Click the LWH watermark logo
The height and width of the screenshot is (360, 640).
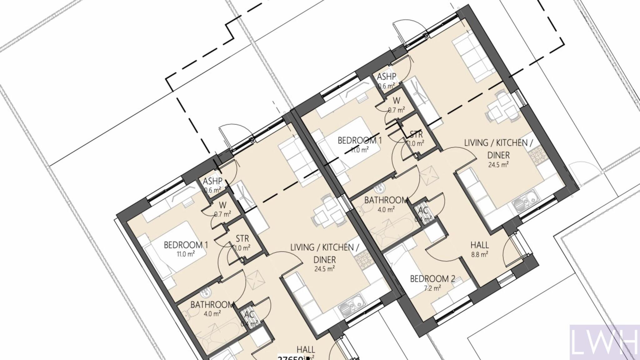point(604,342)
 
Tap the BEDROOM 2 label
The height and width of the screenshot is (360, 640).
point(432,279)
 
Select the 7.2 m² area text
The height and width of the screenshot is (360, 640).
point(432,288)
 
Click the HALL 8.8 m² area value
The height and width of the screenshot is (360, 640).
point(480,254)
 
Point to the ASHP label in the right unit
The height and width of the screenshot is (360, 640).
point(387,77)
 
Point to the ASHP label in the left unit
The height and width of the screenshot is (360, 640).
point(212,181)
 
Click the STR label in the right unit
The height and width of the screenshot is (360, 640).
point(416,135)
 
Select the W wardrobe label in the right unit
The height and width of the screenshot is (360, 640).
point(396,101)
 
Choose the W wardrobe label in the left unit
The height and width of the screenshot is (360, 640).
point(222,205)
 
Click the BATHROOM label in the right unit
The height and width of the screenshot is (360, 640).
point(386,200)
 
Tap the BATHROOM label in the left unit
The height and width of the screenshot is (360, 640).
point(212,305)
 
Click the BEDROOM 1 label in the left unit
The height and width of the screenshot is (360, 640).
point(186,245)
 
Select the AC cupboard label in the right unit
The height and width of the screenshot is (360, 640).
point(423,210)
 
